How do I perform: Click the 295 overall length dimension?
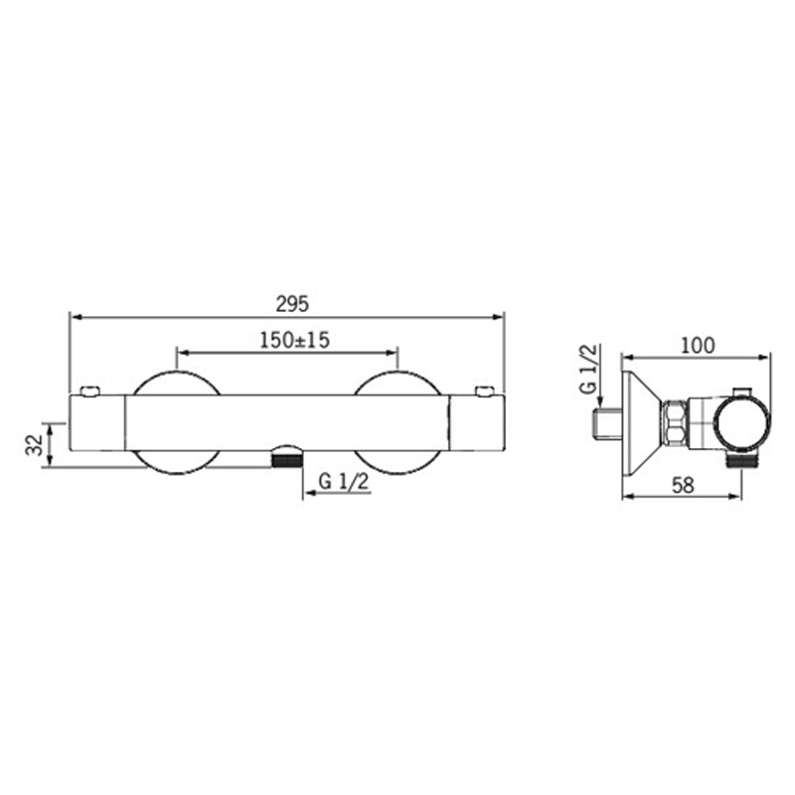pos(292,304)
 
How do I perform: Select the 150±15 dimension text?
pos(294,340)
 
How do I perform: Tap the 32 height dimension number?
pos(35,444)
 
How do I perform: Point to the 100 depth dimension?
pos(698,345)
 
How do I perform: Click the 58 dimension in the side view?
pos(683,485)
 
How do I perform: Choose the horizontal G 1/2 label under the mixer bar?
pos(344,482)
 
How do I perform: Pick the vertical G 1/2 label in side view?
pos(588,369)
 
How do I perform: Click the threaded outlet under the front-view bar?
pos(287,460)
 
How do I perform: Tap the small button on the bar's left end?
pos(90,391)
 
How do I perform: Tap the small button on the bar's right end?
pos(484,391)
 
